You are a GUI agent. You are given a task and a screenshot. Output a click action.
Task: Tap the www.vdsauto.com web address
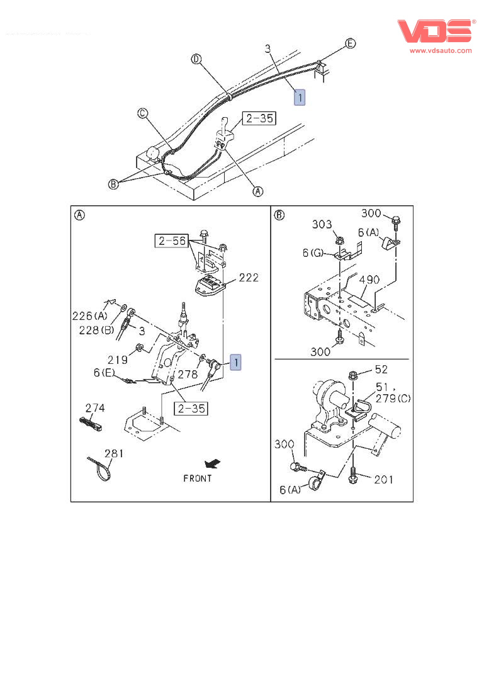tap(441, 50)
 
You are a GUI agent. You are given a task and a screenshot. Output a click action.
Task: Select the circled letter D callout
tap(196, 59)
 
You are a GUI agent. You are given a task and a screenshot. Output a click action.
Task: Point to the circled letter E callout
tap(351, 43)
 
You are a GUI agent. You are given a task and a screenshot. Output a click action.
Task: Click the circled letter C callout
tap(143, 113)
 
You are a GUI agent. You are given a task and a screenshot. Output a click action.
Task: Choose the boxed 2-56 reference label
tap(171, 240)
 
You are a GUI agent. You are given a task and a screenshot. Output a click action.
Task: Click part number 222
tap(249, 278)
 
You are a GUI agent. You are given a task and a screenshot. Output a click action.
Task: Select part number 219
tap(118, 359)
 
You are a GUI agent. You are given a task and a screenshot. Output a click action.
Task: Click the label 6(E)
tap(105, 373)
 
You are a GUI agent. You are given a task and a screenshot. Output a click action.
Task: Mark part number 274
tap(95, 409)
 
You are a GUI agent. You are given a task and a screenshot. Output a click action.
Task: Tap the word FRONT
tap(198, 478)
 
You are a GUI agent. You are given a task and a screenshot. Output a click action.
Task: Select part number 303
tap(322, 225)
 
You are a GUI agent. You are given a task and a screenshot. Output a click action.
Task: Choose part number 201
tap(383, 480)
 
